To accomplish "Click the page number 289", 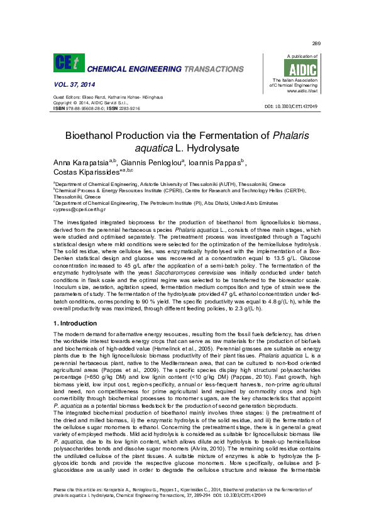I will click(x=316, y=43).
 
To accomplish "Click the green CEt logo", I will click(x=67, y=63).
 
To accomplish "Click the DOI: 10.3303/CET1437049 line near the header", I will click(x=291, y=107).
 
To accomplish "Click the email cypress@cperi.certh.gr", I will click(x=80, y=209).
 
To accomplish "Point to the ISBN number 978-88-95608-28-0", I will click(x=84, y=108).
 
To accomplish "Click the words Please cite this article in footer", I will click(x=74, y=506).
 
